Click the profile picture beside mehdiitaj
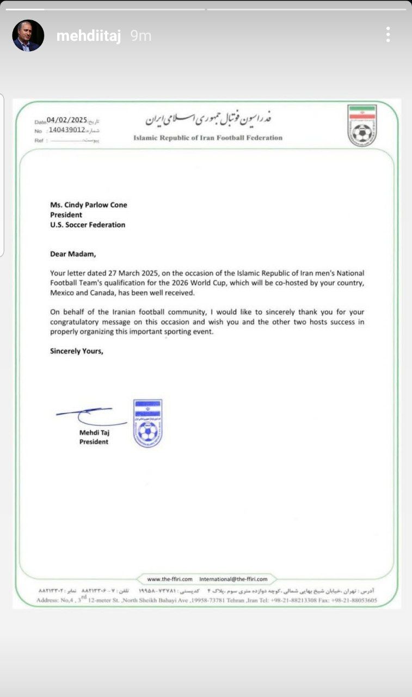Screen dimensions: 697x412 (28, 36)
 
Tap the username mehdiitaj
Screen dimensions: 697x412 (89, 36)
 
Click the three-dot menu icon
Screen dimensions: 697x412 (388, 35)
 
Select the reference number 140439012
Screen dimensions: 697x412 (66, 131)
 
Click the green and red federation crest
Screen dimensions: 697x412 (362, 125)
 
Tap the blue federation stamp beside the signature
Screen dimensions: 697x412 (147, 423)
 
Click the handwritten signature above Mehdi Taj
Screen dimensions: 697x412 (90, 416)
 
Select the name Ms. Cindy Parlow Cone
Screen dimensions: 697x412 (88, 205)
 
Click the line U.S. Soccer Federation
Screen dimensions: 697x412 (87, 224)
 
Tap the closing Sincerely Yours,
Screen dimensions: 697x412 (76, 351)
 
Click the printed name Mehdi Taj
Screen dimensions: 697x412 (94, 432)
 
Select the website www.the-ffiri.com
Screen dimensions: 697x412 (170, 579)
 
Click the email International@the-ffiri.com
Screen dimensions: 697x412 (233, 579)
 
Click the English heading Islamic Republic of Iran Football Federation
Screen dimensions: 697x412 (208, 138)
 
